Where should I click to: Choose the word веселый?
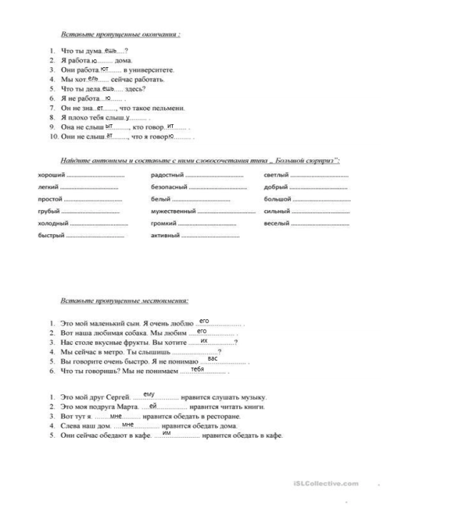pyautogui.click(x=276, y=224)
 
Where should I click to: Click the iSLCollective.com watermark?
pyautogui.click(x=326, y=484)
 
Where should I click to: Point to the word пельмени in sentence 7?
pyautogui.click(x=170, y=108)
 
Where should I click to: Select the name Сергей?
pyautogui.click(x=119, y=397)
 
